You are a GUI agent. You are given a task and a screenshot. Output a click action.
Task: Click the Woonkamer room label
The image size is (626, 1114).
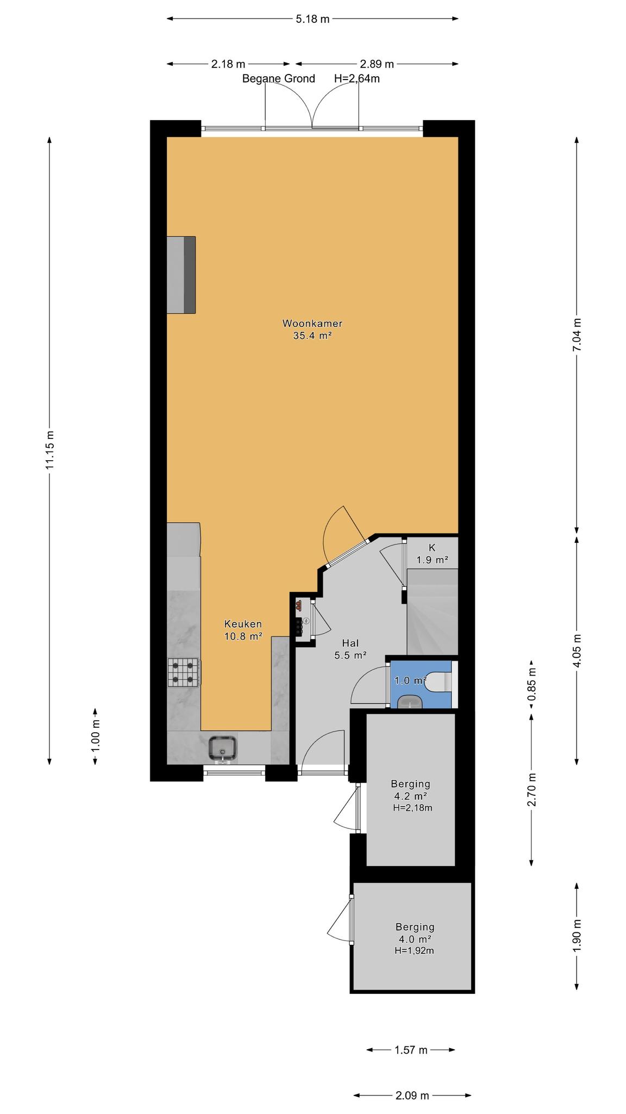click(312, 323)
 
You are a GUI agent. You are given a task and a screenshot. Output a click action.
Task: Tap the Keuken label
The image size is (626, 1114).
click(243, 624)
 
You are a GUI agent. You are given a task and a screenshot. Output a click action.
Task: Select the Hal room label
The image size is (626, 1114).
click(350, 643)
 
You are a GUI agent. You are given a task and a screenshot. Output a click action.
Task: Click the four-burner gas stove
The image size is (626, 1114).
click(184, 671)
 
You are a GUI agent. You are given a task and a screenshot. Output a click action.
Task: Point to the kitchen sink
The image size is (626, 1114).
click(222, 749)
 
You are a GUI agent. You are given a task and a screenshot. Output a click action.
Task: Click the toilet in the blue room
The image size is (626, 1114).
click(439, 682)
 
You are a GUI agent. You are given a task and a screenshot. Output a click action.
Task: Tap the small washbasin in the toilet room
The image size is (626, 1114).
click(409, 702)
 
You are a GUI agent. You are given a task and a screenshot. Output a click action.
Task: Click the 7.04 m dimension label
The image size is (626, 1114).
click(577, 334)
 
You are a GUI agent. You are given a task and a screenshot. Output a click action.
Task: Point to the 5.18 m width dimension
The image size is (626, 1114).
click(312, 19)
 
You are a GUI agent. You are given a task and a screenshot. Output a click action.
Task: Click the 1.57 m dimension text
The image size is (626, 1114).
click(411, 1049)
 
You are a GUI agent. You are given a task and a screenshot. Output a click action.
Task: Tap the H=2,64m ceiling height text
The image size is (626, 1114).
click(356, 78)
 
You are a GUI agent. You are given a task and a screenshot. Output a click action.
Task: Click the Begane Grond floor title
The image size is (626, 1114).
click(279, 78)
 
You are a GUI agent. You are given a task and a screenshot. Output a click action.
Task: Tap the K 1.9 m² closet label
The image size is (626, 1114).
click(433, 554)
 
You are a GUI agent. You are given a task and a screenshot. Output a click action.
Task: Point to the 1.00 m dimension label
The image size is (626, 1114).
click(96, 736)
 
